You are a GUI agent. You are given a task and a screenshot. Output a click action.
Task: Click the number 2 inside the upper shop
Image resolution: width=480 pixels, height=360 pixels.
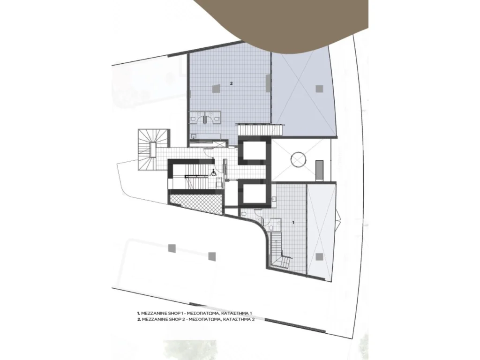pos(232,83)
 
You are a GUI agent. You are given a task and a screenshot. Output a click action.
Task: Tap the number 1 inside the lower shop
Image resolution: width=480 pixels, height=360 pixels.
pos(293,223)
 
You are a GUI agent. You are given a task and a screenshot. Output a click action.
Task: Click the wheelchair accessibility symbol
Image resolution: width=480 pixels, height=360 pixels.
pos(214,173)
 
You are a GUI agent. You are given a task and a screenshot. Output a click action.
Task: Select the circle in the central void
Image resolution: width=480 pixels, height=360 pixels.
pos(298,159)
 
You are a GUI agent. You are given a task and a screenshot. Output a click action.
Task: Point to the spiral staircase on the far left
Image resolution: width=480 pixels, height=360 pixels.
pos(152,149)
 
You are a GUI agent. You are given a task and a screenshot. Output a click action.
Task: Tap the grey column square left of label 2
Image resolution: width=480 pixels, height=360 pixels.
pos(216,88)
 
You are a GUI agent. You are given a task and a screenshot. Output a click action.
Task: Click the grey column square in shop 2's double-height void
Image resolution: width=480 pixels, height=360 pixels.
pos(319,89)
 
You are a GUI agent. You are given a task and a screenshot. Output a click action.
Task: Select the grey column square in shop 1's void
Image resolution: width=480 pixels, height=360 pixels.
pos(319,256)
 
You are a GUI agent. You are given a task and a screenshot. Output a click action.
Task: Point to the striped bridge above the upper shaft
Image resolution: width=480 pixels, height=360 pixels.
pos(260,129)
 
